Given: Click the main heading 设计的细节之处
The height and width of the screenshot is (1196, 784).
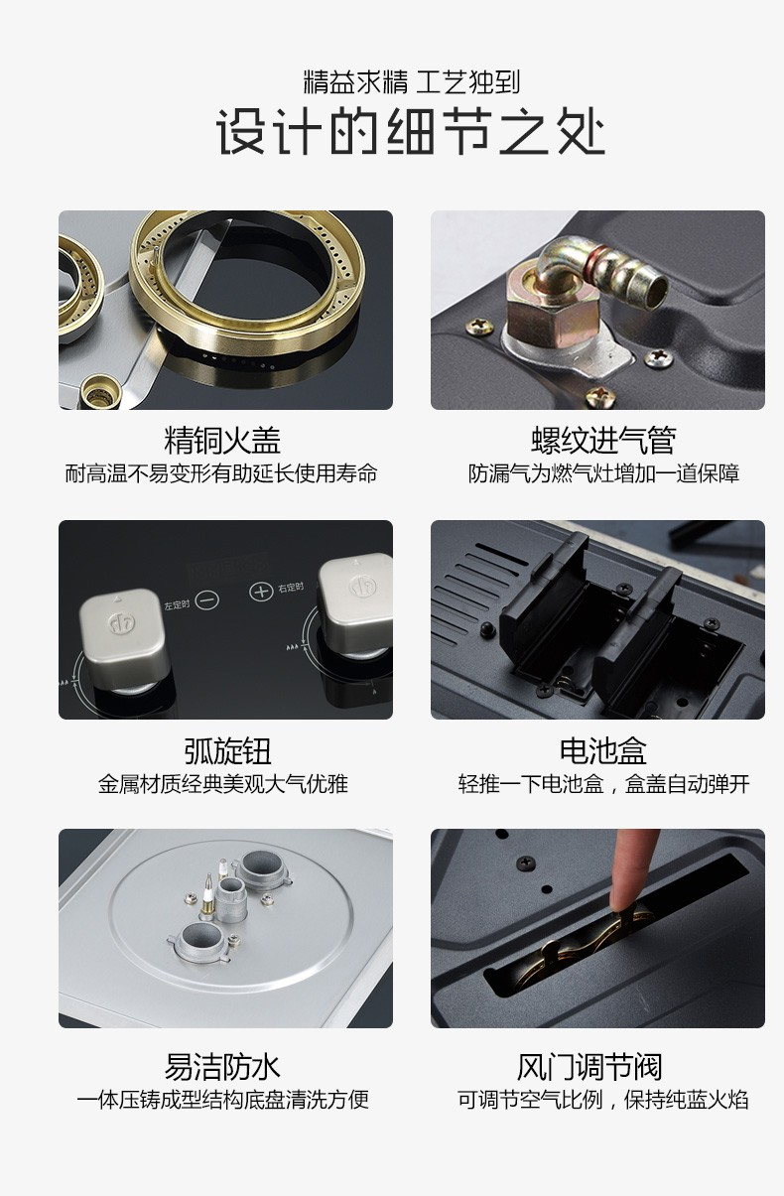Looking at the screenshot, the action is pos(411,131).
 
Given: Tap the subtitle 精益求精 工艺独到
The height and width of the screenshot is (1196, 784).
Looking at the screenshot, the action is pos(412,82).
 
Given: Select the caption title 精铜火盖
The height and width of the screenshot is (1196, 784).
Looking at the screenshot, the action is pos(222,440).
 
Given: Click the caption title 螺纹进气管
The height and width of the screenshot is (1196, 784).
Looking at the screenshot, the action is pos(603,440).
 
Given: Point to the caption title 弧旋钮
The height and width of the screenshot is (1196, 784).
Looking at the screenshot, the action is pos(228,750).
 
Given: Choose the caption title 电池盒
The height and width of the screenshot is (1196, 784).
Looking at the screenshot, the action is pos(603,750).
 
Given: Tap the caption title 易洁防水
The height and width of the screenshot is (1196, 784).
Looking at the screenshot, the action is pos(222,1067).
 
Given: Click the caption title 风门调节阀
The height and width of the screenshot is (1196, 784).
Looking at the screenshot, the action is pos(589,1067).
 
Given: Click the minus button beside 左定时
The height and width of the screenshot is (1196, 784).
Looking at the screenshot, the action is pos(207,600).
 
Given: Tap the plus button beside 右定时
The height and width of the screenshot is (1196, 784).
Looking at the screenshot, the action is pos(262,592).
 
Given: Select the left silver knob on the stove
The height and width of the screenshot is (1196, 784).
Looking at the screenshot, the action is pos(123,635).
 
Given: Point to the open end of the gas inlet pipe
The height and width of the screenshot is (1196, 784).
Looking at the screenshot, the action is pos(655,292).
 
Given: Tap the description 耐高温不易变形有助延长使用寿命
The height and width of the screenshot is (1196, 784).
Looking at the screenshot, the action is pos(221,473).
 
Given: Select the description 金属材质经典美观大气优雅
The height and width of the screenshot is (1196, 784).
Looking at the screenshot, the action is pos(223,784).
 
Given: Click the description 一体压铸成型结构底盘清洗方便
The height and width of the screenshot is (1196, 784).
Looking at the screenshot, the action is pos(222,1100).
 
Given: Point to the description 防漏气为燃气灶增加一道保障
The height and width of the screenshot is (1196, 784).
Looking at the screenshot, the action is pos(603,473).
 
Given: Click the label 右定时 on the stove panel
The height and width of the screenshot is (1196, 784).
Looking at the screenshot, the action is pos(291,588).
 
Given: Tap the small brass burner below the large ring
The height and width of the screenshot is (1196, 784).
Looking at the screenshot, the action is pos(101,391).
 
